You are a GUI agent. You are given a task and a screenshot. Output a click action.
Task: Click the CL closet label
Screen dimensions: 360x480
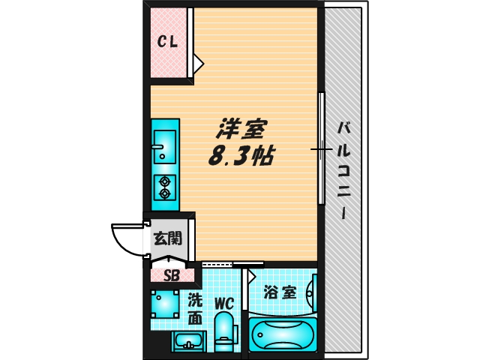(x=166, y=42)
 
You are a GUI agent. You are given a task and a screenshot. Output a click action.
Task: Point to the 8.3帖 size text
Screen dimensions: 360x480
(x=240, y=156)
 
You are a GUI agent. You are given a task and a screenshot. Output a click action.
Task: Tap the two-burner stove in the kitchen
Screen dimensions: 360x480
(x=164, y=186)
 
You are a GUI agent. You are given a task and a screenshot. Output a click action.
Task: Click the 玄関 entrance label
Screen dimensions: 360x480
(x=167, y=239)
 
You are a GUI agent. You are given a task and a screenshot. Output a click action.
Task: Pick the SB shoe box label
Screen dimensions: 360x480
(x=172, y=274)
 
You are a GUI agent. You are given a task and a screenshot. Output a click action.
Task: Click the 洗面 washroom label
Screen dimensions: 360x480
(x=194, y=307)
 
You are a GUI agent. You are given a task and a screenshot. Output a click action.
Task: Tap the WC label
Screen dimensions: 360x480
(x=224, y=304)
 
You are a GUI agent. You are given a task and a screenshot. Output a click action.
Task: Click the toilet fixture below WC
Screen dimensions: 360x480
(x=224, y=334)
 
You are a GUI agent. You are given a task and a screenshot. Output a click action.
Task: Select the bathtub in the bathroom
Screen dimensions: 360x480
(x=283, y=332)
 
